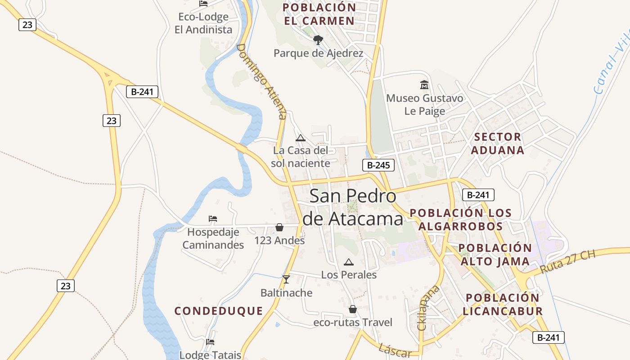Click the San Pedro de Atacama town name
353,207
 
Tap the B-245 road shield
378,165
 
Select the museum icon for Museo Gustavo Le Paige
424,85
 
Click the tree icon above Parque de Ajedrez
318,40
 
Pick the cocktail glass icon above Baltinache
286,279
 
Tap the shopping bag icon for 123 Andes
279,227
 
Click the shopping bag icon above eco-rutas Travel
353,309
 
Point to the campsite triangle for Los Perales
348,262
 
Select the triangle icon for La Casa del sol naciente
301,138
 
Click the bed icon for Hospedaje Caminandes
213,219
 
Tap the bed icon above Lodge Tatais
210,342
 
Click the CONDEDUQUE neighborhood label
219,311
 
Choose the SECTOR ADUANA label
498,144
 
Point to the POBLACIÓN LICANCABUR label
503,304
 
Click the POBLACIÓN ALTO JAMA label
495,255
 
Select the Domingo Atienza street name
261,81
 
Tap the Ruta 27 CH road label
567,261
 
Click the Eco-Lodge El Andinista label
203,23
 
